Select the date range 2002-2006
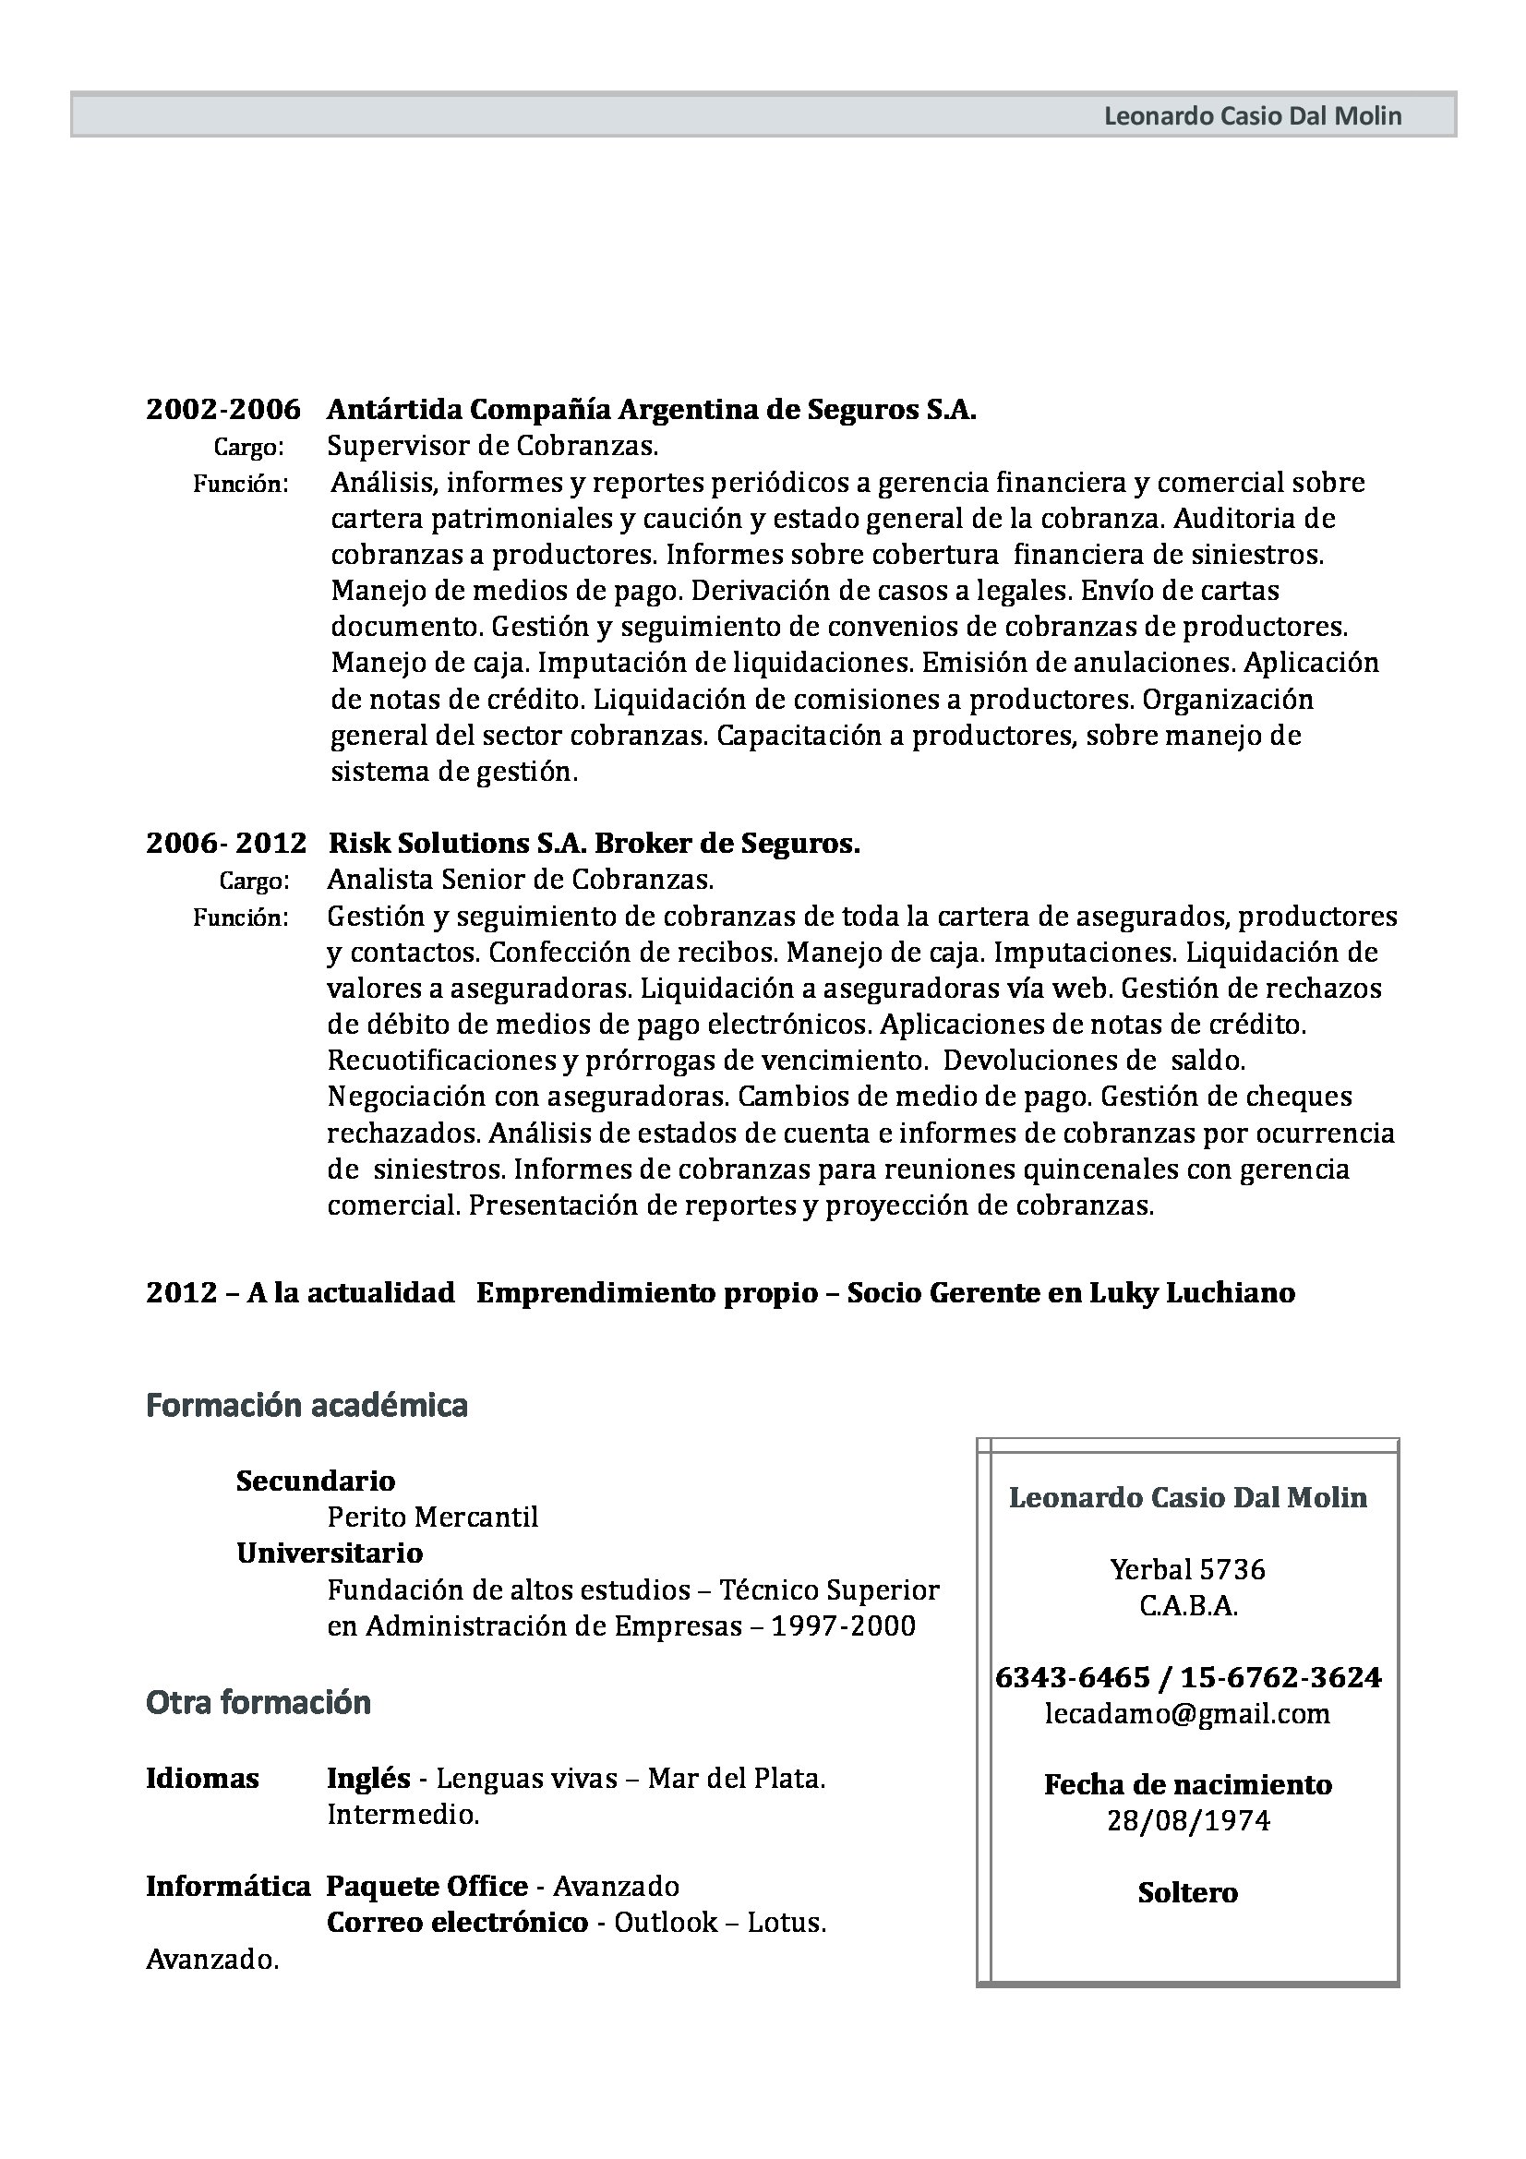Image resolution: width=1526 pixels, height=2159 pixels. coord(222,409)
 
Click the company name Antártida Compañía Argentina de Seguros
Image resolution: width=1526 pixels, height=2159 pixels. coord(651,409)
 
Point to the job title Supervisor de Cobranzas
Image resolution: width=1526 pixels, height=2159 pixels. coord(492,445)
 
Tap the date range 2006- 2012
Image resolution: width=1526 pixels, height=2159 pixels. coord(225,843)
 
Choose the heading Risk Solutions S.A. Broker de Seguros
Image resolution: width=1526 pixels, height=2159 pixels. coord(594,843)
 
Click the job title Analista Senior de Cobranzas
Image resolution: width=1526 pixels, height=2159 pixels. coord(520,880)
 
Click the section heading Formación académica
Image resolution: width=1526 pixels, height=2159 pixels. coord(306,1405)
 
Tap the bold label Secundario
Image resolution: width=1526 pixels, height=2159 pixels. coord(315,1481)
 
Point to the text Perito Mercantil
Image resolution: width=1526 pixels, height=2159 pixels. coord(433,1517)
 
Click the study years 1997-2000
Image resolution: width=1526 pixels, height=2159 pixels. coord(843,1625)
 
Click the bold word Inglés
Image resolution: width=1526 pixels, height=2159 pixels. coord(368,1778)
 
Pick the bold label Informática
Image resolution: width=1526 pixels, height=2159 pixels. coord(227,1887)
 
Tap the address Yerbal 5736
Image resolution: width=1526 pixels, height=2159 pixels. coord(1187,1569)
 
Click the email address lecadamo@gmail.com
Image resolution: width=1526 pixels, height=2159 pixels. coord(1187,1713)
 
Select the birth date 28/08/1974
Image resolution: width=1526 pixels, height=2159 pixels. coord(1187,1821)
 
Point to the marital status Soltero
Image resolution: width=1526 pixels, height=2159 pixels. coord(1187,1892)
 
